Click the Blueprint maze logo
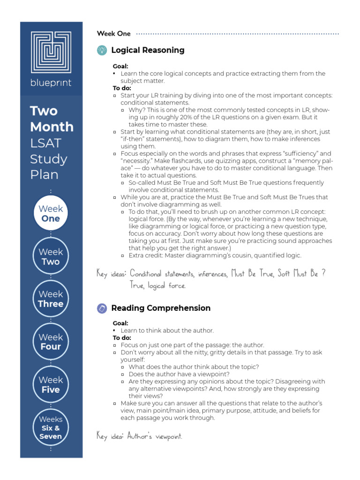click(51, 52)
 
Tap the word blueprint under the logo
click(51, 83)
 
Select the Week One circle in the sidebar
click(51, 213)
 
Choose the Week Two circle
click(51, 256)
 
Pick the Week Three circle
click(51, 299)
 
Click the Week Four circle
click(51, 342)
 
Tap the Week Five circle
click(51, 384)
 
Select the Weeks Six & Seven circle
click(51, 427)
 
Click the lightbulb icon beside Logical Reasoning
click(102, 50)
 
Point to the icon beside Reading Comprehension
click(102, 308)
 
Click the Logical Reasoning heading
click(148, 50)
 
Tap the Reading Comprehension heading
click(161, 308)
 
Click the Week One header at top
click(113, 34)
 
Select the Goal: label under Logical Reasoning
click(120, 66)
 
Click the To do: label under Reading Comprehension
click(122, 337)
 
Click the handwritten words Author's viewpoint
click(154, 436)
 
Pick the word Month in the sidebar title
click(52, 127)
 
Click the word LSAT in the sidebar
click(45, 142)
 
